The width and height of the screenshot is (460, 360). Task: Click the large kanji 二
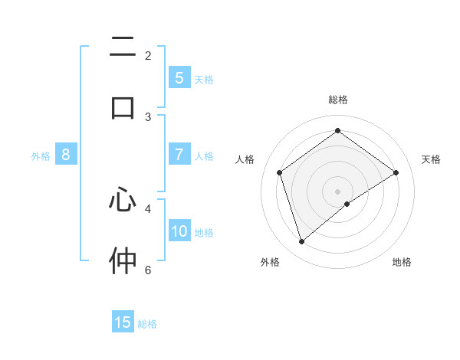(x=123, y=48)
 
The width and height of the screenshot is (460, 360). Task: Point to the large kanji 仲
(x=123, y=260)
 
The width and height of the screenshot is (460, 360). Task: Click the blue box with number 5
(x=179, y=77)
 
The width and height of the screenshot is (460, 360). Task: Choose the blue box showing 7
(x=179, y=154)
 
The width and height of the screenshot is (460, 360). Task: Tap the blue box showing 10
(x=179, y=231)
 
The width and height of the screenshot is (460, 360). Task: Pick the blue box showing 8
(x=66, y=155)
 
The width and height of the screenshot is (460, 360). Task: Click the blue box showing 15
(x=123, y=322)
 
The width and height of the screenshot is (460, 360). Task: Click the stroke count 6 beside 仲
(x=148, y=270)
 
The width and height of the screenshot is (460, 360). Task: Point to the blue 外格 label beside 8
(x=41, y=156)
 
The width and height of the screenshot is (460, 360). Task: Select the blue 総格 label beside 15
(x=147, y=324)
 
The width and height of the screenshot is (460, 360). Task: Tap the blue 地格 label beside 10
(x=204, y=233)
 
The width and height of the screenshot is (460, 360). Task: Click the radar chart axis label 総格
(x=338, y=100)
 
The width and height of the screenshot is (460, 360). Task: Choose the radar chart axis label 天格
(x=431, y=159)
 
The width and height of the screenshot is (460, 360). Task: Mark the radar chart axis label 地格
(x=402, y=262)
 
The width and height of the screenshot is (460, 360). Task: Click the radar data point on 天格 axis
(x=396, y=172)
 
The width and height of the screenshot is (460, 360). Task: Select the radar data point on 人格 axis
(x=280, y=172)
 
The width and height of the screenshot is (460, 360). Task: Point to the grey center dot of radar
(x=338, y=191)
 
